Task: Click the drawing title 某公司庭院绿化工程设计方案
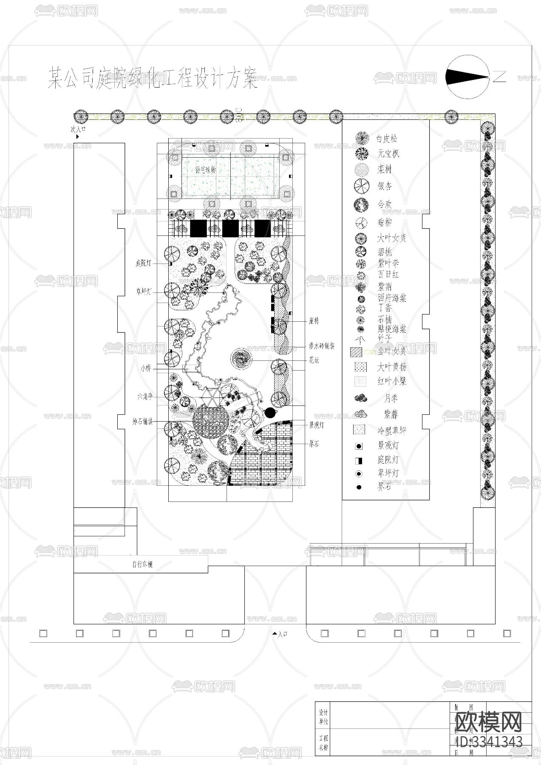coord(153,77)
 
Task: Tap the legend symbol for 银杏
coord(361,186)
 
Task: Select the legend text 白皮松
coord(387,139)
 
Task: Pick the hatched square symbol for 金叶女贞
coord(356,352)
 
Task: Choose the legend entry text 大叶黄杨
coord(391,367)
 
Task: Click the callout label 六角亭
coord(144,397)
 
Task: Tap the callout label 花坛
coord(314,360)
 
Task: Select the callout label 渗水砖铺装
coord(321,346)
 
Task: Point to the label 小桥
coord(146,369)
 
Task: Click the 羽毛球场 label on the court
coord(206,170)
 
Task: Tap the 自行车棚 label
coord(142,565)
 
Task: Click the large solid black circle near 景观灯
coord(269,412)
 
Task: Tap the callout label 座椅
coord(314,321)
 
